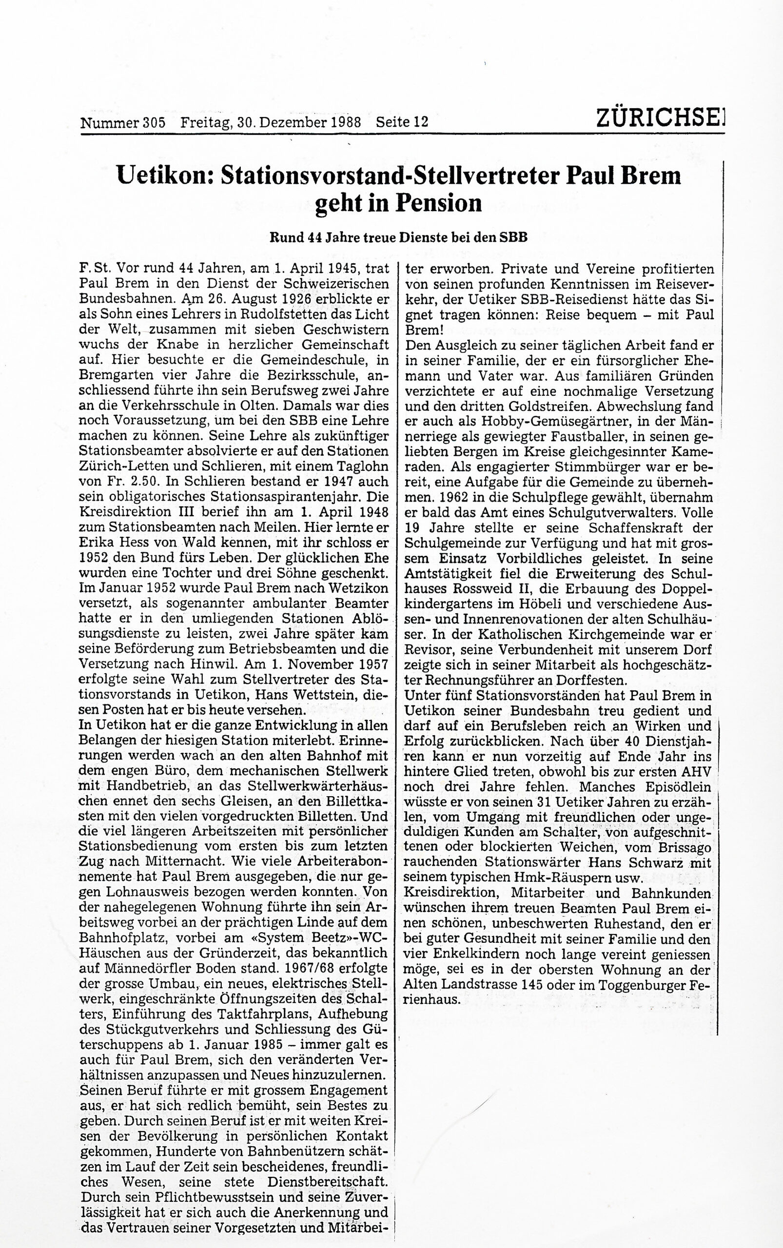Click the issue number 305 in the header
click(154, 123)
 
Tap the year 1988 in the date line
click(347, 123)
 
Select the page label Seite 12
click(402, 123)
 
